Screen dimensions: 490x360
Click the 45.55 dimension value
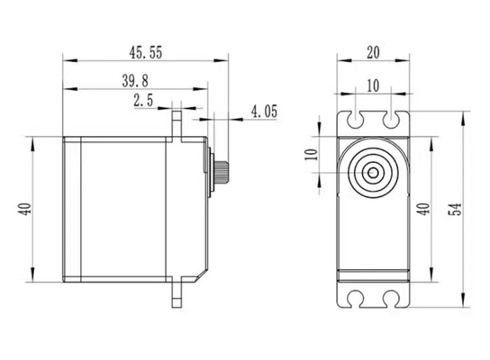[146, 52]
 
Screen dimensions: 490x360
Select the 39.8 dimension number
[135, 81]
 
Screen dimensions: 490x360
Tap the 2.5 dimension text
[143, 100]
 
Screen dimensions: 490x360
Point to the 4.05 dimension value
[265, 112]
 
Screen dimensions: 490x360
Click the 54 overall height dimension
[455, 209]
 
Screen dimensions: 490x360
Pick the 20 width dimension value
[373, 52]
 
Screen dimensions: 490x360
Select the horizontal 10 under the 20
[373, 85]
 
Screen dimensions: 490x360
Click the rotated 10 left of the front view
[311, 155]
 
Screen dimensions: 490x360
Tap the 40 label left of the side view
[24, 209]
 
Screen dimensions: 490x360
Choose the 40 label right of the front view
[423, 209]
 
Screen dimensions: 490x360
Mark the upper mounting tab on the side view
[177, 124]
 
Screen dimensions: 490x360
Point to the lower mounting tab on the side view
[177, 294]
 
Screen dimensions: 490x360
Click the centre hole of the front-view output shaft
[373, 173]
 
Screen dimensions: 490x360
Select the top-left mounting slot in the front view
[356, 120]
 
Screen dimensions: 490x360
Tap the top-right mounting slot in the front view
[391, 120]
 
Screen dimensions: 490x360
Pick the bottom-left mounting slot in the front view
[356, 299]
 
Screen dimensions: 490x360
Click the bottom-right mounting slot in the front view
[391, 299]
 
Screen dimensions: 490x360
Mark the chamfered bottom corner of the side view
[201, 276]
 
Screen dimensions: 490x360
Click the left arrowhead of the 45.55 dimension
[70, 60]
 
